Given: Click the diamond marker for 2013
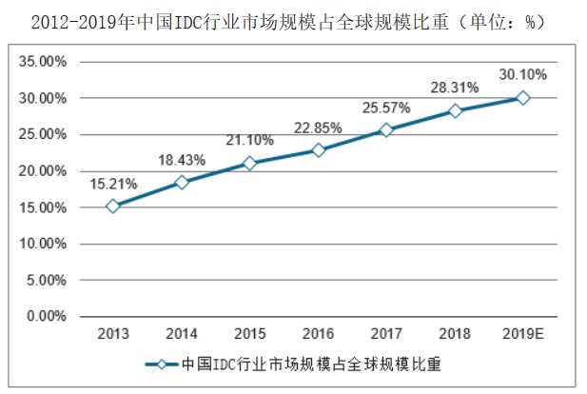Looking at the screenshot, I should (113, 206).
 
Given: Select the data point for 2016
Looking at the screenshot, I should (319, 150).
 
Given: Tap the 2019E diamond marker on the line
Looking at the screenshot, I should (523, 98).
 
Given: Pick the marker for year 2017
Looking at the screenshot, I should (386, 130).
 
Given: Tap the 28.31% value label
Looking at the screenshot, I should (453, 88).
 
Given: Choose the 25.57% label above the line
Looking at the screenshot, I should (384, 108).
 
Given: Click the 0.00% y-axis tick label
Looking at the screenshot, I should (49, 316).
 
